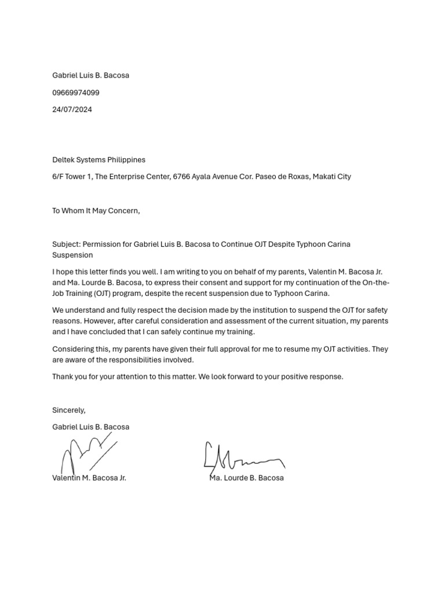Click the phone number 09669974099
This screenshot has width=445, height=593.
76,93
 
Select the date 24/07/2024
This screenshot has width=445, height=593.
72,109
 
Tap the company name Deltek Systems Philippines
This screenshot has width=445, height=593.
99,160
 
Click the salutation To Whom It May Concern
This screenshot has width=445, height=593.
96,211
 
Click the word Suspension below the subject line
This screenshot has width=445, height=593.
72,255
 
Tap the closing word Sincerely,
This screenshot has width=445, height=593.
68,410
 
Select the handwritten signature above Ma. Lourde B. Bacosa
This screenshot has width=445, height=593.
243,457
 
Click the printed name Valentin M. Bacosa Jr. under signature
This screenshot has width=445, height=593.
89,478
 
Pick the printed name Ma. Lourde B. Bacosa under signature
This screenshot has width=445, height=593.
246,478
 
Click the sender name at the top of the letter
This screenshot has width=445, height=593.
90,75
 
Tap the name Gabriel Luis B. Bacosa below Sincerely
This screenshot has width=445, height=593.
90,427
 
